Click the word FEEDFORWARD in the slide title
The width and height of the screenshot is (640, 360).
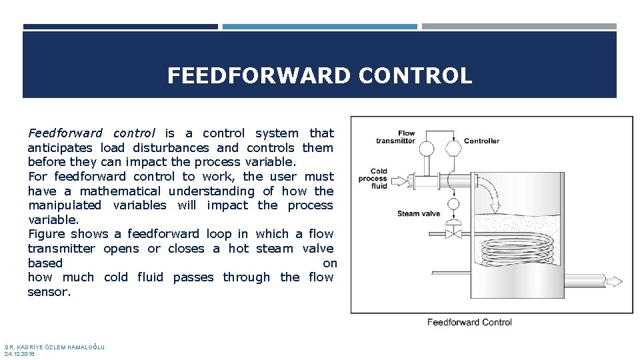click(258, 76)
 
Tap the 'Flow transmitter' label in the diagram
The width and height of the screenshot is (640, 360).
click(395, 137)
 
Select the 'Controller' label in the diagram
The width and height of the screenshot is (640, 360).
click(481, 141)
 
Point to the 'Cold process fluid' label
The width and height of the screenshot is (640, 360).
click(373, 179)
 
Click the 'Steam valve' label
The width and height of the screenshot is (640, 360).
click(419, 213)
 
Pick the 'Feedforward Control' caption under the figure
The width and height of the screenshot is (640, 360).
click(469, 323)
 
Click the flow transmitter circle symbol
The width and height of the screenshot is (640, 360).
click(427, 149)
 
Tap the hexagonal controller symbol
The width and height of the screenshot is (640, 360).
click(453, 149)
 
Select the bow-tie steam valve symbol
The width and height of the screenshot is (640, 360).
click(453, 233)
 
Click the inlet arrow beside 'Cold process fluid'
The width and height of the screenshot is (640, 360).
click(399, 180)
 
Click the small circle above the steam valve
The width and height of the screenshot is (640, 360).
click(453, 204)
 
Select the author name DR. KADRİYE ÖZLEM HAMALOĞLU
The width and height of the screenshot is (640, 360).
click(54, 347)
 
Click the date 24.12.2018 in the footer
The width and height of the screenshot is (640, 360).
click(19, 354)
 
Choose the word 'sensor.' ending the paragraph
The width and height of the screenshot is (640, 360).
click(49, 292)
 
